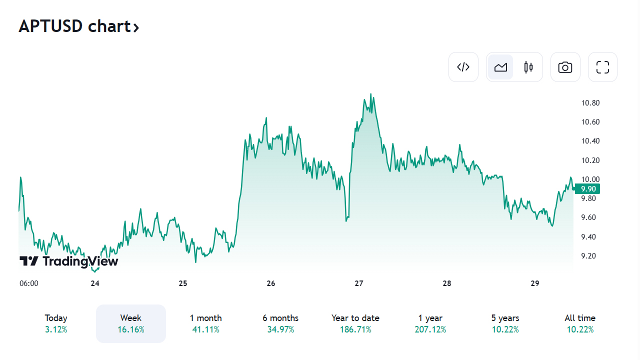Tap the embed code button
[463, 67]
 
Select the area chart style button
[500, 67]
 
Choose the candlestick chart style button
[528, 67]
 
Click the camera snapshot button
[565, 67]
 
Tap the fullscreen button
[602, 67]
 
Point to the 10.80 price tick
[590, 103]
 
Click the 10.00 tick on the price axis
[590, 179]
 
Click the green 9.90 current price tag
[587, 189]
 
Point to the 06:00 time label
[28, 283]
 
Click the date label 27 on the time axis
[358, 283]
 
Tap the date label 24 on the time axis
[95, 283]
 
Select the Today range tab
[56, 323]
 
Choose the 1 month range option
[205, 323]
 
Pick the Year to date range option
[355, 323]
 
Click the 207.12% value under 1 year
[430, 330]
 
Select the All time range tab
[580, 323]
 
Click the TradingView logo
[69, 261]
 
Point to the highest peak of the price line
[370, 94]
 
